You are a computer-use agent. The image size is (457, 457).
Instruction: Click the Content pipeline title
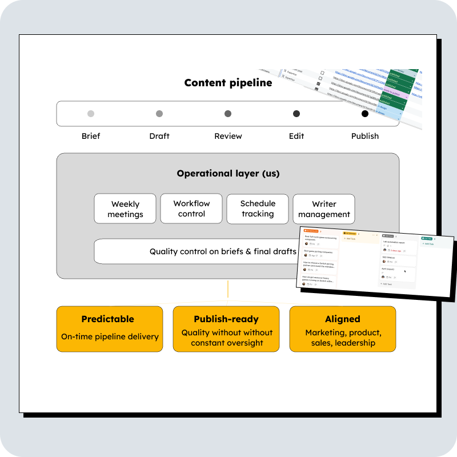pyautogui.click(x=228, y=83)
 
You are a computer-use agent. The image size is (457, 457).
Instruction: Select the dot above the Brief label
pyautogui.click(x=91, y=114)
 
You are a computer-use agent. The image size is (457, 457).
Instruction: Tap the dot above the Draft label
pyautogui.click(x=159, y=114)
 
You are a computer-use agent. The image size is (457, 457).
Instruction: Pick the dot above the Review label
pyautogui.click(x=228, y=114)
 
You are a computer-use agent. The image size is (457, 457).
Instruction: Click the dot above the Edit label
pyautogui.click(x=296, y=114)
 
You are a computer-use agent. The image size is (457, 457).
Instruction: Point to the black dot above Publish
pyautogui.click(x=365, y=114)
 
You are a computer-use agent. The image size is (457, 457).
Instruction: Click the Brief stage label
pyautogui.click(x=91, y=136)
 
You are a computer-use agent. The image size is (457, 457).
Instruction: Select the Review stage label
pyautogui.click(x=228, y=136)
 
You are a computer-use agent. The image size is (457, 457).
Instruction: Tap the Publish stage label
pyautogui.click(x=365, y=136)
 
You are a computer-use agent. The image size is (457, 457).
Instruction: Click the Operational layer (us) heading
pyautogui.click(x=228, y=174)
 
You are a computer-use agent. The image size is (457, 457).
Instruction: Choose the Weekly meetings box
pyautogui.click(x=126, y=209)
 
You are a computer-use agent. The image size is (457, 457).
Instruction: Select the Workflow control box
pyautogui.click(x=191, y=209)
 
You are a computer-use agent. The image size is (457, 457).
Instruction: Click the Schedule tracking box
pyautogui.click(x=258, y=209)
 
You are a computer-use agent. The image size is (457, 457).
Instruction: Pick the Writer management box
pyautogui.click(x=324, y=209)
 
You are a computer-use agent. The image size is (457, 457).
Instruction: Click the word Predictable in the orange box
pyautogui.click(x=107, y=319)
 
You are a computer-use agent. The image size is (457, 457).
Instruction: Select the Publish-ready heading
pyautogui.click(x=226, y=319)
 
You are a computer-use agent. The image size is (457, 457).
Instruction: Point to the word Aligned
pyautogui.click(x=343, y=319)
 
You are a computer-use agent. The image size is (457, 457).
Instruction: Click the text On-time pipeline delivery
pyautogui.click(x=110, y=336)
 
